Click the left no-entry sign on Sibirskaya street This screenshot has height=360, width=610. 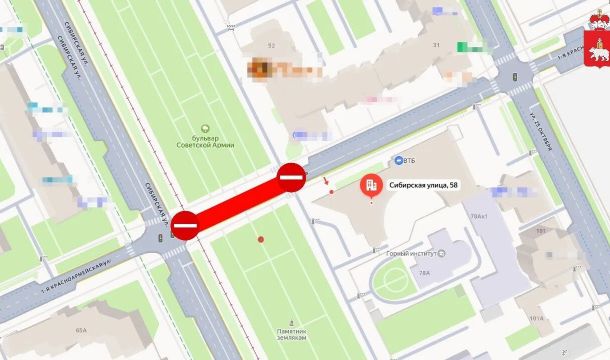(186, 225)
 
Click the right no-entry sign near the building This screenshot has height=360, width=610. (290, 178)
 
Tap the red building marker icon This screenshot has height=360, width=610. (370, 184)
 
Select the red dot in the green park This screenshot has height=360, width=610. (261, 239)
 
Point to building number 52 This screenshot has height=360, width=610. (271, 46)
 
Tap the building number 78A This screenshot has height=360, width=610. (424, 272)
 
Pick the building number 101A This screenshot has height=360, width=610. (536, 320)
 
